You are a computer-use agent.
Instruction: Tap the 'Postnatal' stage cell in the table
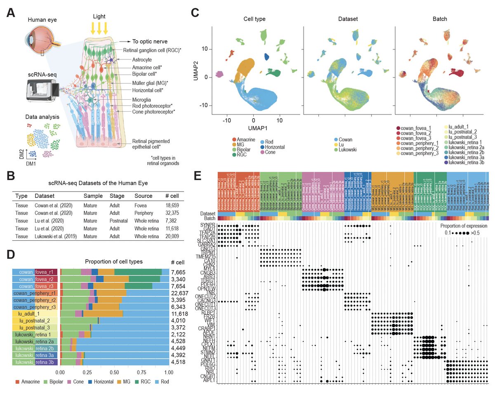[x=120, y=221]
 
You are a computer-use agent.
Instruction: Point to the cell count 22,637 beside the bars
[x=180, y=293]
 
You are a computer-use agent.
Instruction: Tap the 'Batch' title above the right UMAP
[x=440, y=19]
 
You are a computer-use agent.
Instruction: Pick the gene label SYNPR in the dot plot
[x=208, y=225]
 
